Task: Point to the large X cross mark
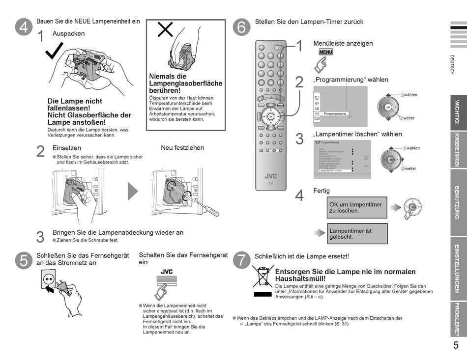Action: [164, 30]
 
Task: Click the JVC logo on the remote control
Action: [270, 176]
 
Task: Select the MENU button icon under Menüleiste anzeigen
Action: [325, 52]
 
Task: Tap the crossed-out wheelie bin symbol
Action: [263, 277]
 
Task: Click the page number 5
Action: [456, 345]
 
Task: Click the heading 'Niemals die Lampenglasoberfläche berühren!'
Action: [185, 83]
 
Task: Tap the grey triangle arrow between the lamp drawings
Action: [133, 191]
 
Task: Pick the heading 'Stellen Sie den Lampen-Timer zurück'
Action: [309, 22]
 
